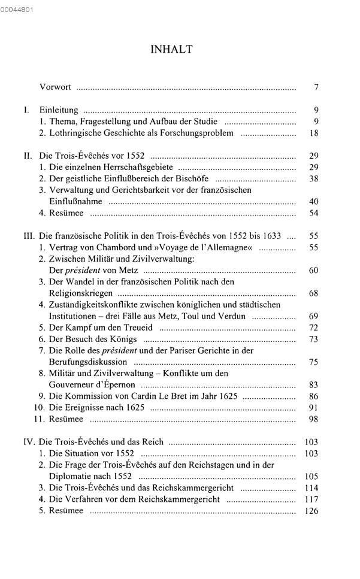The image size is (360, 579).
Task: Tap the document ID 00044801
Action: pyautogui.click(x=17, y=8)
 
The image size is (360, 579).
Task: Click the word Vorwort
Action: pyautogui.click(x=55, y=87)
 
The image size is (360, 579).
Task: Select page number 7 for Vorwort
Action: pyautogui.click(x=316, y=87)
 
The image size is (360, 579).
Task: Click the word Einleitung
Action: pyautogui.click(x=58, y=111)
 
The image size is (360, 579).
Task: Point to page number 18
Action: pyautogui.click(x=313, y=132)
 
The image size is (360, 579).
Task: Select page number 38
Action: pyautogui.click(x=313, y=179)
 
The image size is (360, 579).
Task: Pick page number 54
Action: pyautogui.click(x=313, y=213)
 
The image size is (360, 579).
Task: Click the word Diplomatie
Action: pyautogui.click(x=71, y=477)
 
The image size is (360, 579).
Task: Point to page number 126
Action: pyautogui.click(x=311, y=511)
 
